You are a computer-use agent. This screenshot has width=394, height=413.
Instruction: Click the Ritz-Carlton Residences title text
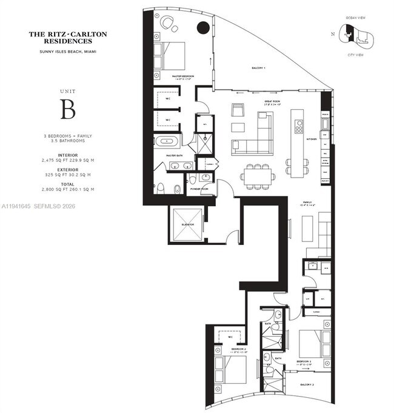pyautogui.click(x=68, y=38)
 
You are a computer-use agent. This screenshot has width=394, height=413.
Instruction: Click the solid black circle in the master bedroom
pyautogui.click(x=204, y=27)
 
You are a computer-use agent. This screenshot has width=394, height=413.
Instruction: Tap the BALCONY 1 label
pyautogui.click(x=259, y=69)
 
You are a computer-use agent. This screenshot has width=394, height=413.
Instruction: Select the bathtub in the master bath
pyautogui.click(x=165, y=142)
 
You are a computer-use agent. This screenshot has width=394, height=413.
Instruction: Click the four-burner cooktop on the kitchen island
pyautogui.click(x=298, y=126)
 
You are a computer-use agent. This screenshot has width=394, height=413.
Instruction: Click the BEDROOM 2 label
pyautogui.click(x=238, y=350)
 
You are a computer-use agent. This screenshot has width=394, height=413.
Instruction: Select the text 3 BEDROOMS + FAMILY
pyautogui.click(x=68, y=136)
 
